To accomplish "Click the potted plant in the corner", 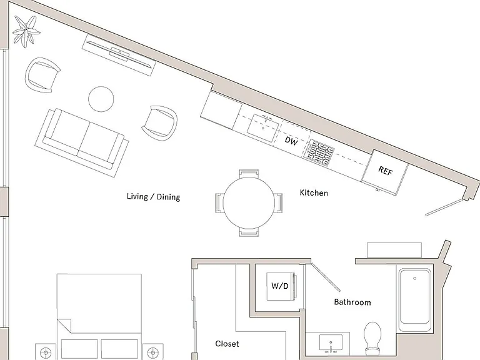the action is pyautogui.click(x=26, y=31).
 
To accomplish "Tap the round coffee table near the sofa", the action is pyautogui.click(x=101, y=99).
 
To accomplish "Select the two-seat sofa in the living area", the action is pyautogui.click(x=82, y=142).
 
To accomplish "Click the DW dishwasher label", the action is pyautogui.click(x=291, y=141).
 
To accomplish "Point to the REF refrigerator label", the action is pyautogui.click(x=385, y=171).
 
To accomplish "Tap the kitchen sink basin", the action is pyautogui.click(x=262, y=127).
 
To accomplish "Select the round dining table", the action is pyautogui.click(x=249, y=202).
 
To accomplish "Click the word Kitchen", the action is pyautogui.click(x=314, y=193).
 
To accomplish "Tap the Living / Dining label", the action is pyautogui.click(x=153, y=196).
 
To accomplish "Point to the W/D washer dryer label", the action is pyautogui.click(x=280, y=286).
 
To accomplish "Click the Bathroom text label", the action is pyautogui.click(x=352, y=302).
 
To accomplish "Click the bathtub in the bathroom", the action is pyautogui.click(x=415, y=296).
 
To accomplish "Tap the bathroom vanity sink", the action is pyautogui.click(x=331, y=343).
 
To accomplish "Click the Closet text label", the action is pyautogui.click(x=227, y=344).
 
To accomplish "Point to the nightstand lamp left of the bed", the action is pyautogui.click(x=46, y=352).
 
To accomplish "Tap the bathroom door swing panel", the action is pyautogui.click(x=326, y=276).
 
